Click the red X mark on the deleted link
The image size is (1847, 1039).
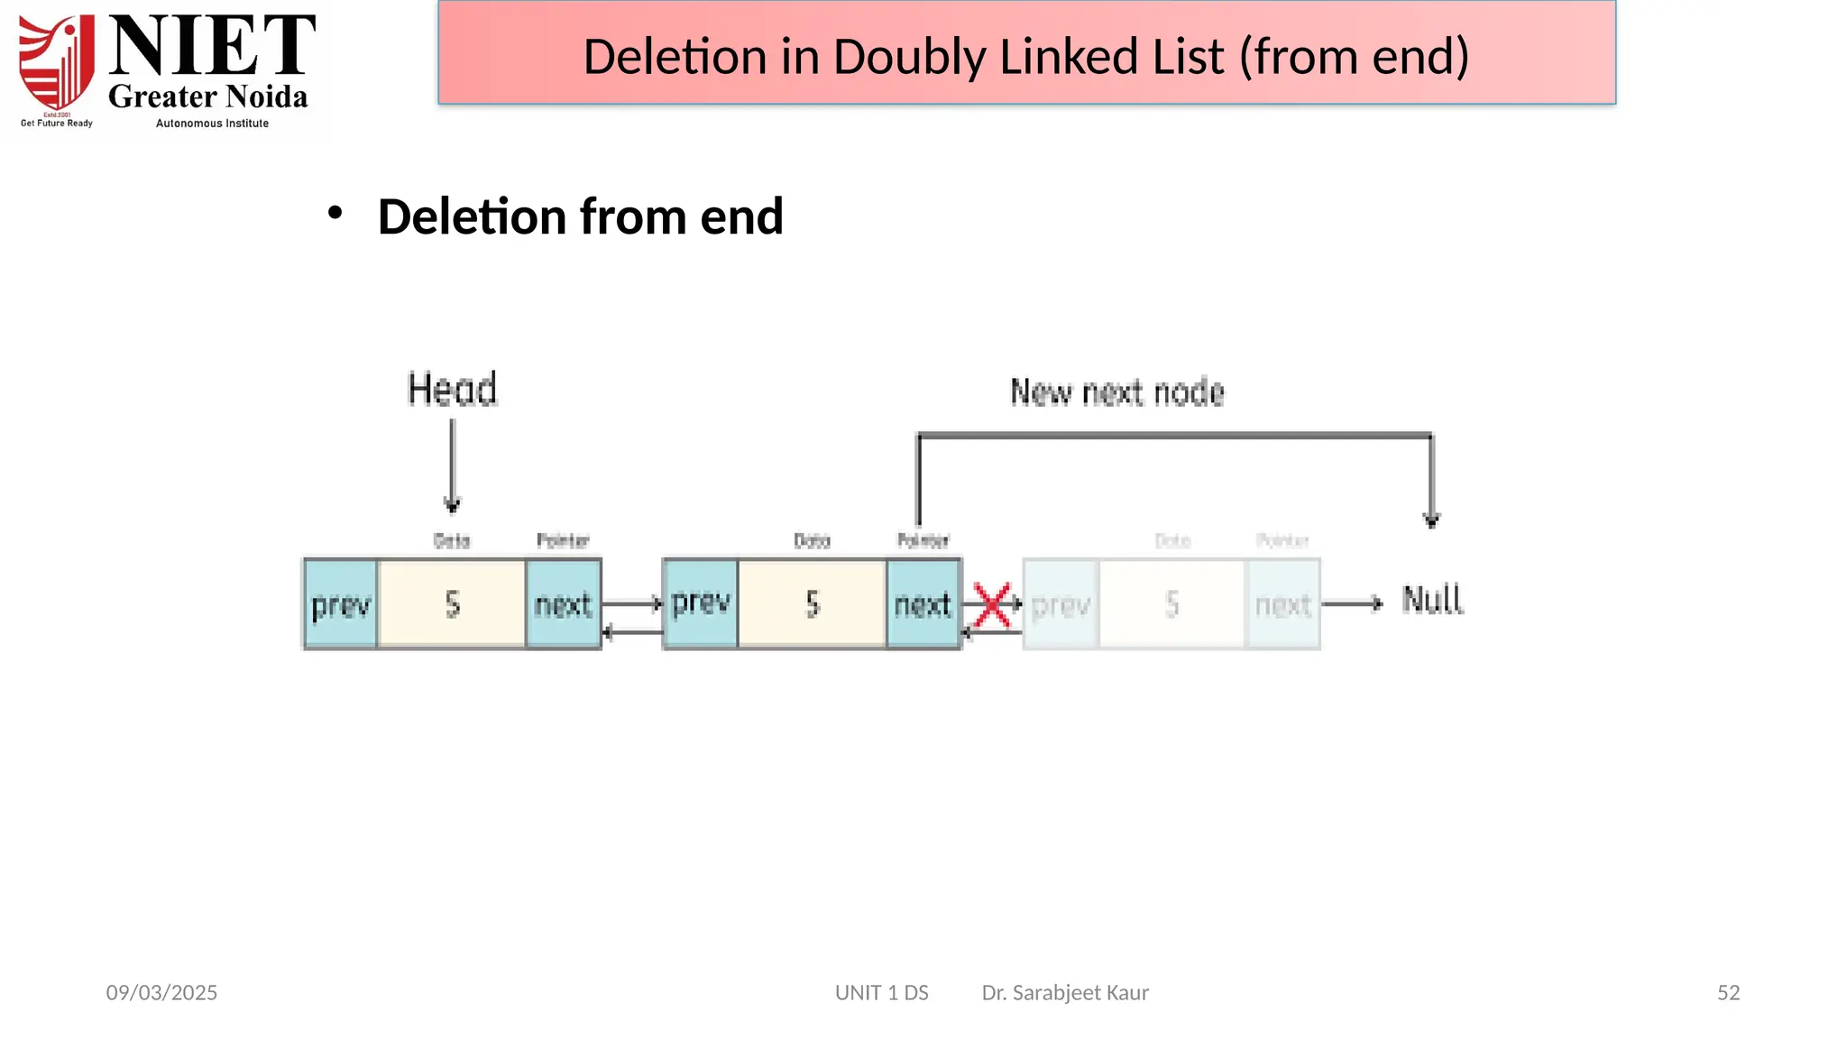[992, 605]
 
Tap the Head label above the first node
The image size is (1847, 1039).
[453, 390]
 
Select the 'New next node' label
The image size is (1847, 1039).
[1117, 392]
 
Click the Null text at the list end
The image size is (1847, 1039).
[1432, 601]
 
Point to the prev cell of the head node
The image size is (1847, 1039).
[340, 604]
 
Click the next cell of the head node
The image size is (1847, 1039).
[563, 604]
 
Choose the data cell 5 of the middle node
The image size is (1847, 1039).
[812, 604]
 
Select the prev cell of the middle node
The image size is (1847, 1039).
[701, 602]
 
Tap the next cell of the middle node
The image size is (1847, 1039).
[923, 604]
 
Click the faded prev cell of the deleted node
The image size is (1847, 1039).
[1061, 604]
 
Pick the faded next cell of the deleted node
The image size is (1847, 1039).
[1282, 604]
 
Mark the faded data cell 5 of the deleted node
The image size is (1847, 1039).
[1172, 604]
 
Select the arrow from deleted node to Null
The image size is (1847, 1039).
[1352, 603]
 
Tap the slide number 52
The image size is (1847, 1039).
[1728, 993]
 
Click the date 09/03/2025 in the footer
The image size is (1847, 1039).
[161, 993]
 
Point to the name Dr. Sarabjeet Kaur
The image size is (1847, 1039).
[1065, 993]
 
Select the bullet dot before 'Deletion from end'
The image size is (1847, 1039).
[335, 214]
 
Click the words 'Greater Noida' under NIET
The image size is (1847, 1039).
[208, 97]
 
